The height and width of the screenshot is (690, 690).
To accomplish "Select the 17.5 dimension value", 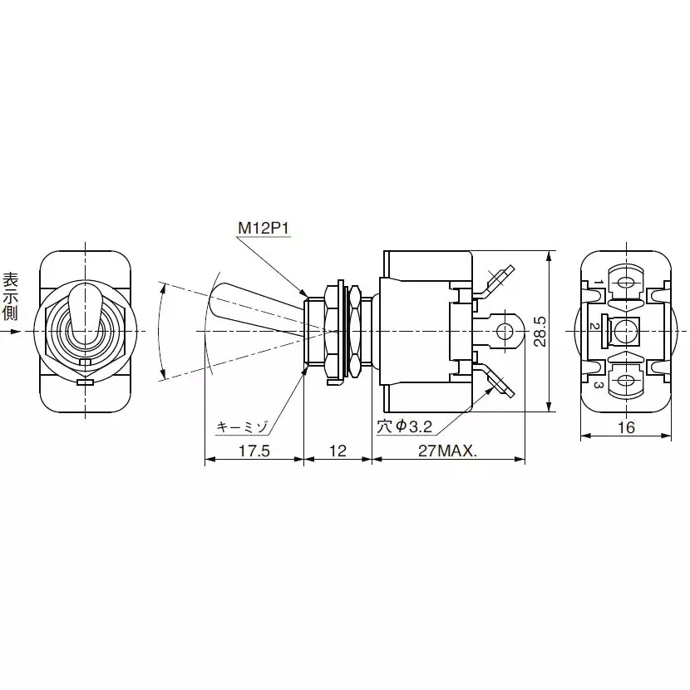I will click(x=253, y=451).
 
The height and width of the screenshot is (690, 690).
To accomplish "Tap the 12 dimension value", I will click(x=338, y=451).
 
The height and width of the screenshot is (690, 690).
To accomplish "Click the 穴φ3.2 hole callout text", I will click(x=405, y=426).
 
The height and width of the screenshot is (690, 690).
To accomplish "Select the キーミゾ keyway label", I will click(x=242, y=426).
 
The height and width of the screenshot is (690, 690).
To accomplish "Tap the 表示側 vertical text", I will click(x=11, y=295).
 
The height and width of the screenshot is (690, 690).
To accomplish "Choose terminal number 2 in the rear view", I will click(x=594, y=326).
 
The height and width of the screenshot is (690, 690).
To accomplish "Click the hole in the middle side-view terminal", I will click(x=502, y=331).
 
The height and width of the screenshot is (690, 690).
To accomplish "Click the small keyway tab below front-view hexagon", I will click(x=84, y=382).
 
